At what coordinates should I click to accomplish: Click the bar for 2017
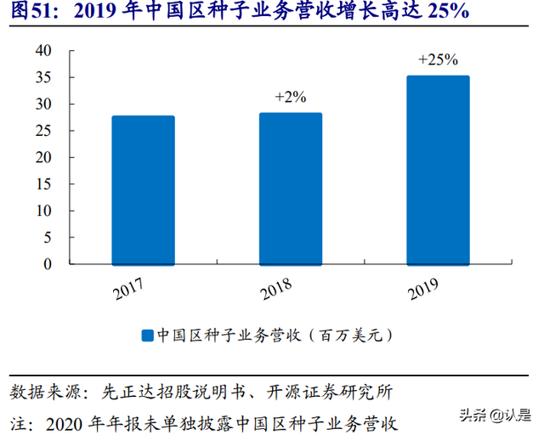[x=143, y=190]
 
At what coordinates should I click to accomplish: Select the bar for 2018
[x=290, y=189]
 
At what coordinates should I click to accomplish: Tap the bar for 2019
[x=437, y=171]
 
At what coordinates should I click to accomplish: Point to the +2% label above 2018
[x=290, y=97]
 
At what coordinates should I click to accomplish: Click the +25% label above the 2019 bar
[x=438, y=59]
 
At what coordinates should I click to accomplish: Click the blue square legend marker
[x=147, y=336]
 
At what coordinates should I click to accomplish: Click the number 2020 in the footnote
[x=66, y=421]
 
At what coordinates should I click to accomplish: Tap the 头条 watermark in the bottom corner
[x=474, y=416]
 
